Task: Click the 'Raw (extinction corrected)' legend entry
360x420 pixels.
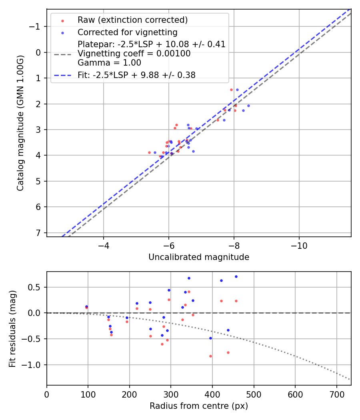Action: click(x=132, y=20)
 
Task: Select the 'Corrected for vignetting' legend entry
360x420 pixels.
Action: click(x=127, y=32)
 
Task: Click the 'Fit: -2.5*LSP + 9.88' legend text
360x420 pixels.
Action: click(x=136, y=75)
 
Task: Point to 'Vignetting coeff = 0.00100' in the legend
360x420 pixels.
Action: click(x=134, y=54)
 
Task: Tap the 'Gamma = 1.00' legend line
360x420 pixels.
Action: click(x=109, y=63)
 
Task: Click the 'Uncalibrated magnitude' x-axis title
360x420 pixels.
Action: click(x=199, y=257)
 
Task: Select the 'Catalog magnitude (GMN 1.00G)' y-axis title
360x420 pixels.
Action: click(x=20, y=123)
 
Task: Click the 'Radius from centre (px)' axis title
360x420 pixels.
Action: click(x=199, y=406)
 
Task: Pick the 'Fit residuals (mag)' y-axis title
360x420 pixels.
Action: click(x=12, y=328)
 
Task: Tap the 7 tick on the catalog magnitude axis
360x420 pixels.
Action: click(x=39, y=233)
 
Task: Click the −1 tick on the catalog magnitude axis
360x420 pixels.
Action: click(x=36, y=26)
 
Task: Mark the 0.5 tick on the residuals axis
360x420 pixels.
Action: click(x=37, y=287)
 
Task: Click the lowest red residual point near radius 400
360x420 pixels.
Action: click(x=210, y=356)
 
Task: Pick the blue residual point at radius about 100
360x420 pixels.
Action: click(x=86, y=306)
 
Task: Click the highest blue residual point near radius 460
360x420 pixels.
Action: click(x=236, y=276)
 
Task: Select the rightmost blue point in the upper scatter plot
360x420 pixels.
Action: click(x=248, y=106)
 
